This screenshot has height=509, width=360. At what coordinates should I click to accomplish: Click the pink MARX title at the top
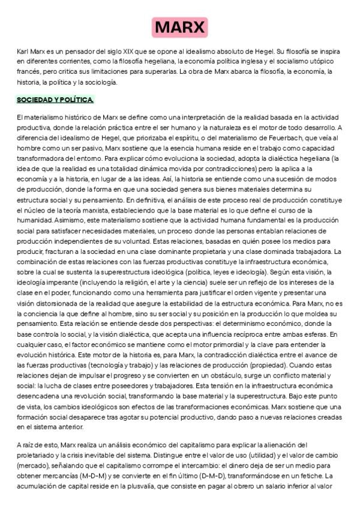coord(180,28)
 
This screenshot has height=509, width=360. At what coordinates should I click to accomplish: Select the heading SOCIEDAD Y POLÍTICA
coord(55,99)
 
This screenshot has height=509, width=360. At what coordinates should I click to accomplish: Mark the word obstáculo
coord(207,374)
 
